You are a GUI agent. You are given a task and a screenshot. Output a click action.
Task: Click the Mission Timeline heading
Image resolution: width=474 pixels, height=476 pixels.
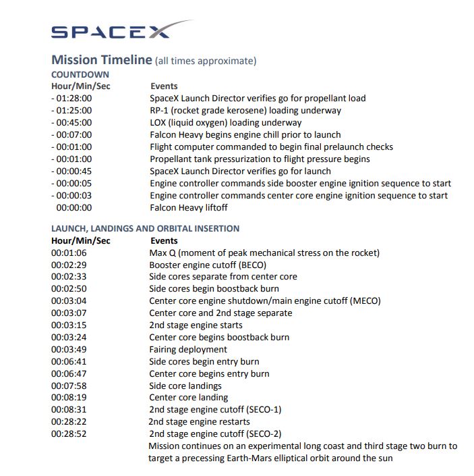tap(102, 60)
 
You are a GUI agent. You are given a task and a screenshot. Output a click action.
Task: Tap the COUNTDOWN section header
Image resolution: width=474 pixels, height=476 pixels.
tap(80, 74)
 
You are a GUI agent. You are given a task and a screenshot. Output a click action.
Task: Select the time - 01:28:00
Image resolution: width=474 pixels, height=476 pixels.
tap(71, 99)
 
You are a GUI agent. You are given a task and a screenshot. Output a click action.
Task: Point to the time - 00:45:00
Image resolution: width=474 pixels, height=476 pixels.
tap(71, 123)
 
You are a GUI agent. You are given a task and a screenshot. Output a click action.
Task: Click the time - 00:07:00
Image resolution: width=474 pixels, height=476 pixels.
tap(71, 135)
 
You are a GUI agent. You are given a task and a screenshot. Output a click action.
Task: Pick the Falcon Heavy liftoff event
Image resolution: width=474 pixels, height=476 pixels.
tap(188, 208)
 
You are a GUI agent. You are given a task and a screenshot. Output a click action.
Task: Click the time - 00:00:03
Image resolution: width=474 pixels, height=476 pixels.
tap(71, 196)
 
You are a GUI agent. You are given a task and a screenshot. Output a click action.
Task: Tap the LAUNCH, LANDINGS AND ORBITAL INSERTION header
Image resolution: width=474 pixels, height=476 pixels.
tap(145, 229)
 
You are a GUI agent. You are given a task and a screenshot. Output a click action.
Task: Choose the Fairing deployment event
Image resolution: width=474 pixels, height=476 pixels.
tap(188, 350)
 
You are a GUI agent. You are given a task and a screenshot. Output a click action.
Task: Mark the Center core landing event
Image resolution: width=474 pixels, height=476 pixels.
tap(189, 398)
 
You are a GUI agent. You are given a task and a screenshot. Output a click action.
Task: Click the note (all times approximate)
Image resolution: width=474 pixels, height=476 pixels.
tap(206, 61)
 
